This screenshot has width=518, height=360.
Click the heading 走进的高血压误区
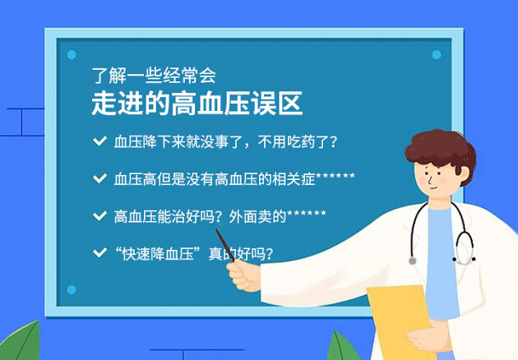pyautogui.click(x=197, y=104)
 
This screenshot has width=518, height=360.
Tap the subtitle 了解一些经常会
pyautogui.click(x=154, y=76)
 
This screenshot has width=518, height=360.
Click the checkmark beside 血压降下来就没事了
pyautogui.click(x=99, y=141)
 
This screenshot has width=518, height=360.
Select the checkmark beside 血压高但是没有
pyautogui.click(x=99, y=178)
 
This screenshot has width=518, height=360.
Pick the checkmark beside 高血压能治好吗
pyautogui.click(x=99, y=216)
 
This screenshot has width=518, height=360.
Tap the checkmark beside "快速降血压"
pyautogui.click(x=99, y=253)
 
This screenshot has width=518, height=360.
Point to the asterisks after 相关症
pyautogui.click(x=335, y=176)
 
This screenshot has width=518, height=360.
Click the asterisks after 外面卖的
pyautogui.click(x=307, y=214)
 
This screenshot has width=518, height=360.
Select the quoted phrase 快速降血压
pyautogui.click(x=158, y=254)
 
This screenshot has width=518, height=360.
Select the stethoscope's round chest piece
pyautogui.click(x=412, y=261)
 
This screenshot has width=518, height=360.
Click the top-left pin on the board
pyautogui.click(x=72, y=54)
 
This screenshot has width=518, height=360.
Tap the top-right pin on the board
pyautogui.click(x=437, y=54)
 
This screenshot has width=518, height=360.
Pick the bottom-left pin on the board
pyautogui.click(x=72, y=289)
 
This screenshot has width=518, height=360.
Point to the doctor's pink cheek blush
pyautogui.click(x=443, y=181)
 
